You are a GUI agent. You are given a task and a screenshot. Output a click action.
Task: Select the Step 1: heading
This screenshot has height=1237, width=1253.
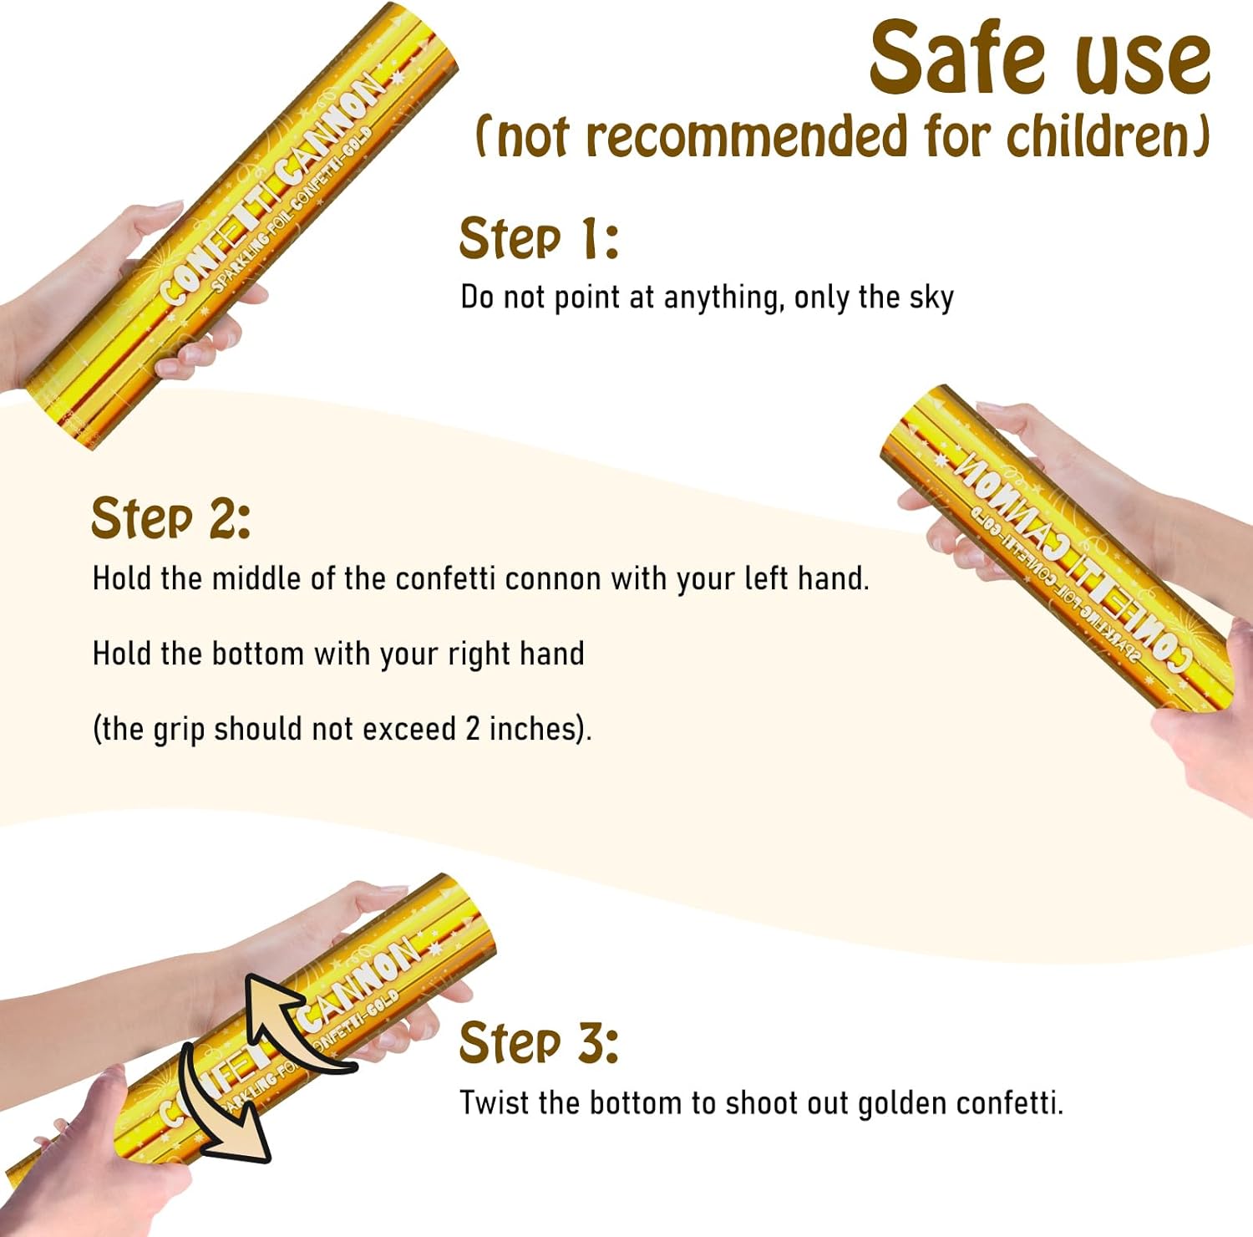tap(539, 238)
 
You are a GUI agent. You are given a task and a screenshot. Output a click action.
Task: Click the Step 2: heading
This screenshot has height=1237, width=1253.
tap(170, 518)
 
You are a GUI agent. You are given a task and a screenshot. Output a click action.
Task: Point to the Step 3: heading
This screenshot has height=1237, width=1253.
tap(539, 1043)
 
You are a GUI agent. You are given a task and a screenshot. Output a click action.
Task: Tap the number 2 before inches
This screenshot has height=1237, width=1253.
tap(473, 729)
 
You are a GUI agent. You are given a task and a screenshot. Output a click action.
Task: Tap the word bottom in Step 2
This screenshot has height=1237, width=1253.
tap(257, 654)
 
